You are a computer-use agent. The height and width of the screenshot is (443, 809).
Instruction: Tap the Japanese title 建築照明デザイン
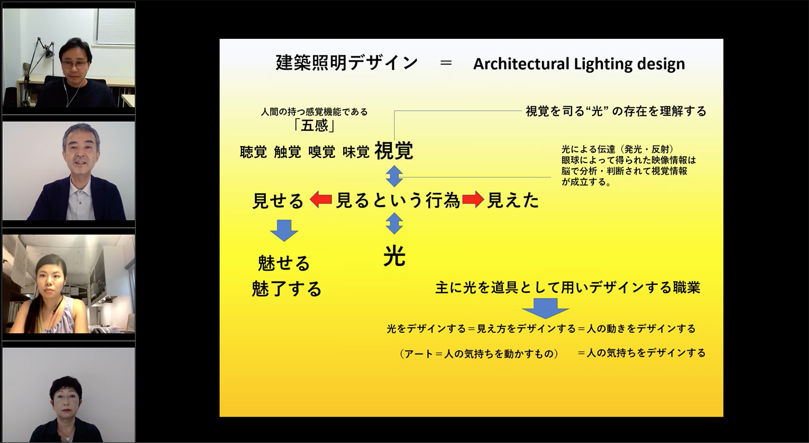[x=347, y=63]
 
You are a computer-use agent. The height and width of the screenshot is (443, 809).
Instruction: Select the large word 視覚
[x=394, y=150]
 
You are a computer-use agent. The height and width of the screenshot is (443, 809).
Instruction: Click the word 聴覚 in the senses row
[x=253, y=152]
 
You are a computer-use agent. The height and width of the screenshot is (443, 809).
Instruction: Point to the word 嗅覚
[x=322, y=152]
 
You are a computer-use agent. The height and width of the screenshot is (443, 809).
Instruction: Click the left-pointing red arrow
[x=320, y=200]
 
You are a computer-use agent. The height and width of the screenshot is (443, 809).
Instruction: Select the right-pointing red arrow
[x=473, y=200]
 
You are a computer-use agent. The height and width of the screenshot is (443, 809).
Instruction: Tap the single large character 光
[x=394, y=257]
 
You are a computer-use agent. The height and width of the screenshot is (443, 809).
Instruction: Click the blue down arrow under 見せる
[x=284, y=230]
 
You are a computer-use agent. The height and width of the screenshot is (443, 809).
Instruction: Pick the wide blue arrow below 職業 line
[x=546, y=308]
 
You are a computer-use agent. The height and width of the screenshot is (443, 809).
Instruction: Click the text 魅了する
[x=287, y=288]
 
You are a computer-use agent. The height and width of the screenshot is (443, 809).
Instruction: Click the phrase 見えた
[x=513, y=201]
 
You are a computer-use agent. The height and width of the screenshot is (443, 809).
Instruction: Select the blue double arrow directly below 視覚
[x=394, y=176]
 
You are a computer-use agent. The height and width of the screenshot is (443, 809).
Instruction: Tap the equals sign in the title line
[x=446, y=63]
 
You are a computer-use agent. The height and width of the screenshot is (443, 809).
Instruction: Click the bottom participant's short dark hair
[x=65, y=387]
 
